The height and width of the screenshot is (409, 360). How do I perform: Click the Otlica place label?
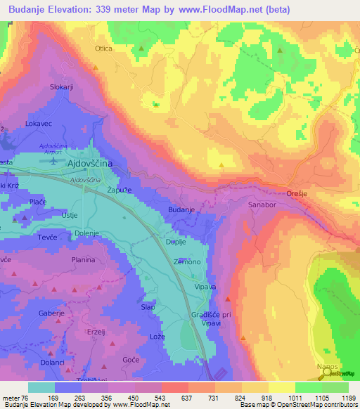(x=103, y=48)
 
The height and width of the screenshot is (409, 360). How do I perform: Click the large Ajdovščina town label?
(x=89, y=163)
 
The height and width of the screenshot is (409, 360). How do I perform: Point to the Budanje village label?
(x=181, y=210)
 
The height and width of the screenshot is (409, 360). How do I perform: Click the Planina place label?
(x=83, y=260)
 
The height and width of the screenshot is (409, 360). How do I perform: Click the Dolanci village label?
(x=32, y=362)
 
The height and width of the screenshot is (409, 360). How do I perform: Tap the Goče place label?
(x=131, y=359)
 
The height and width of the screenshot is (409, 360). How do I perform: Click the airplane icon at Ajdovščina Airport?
(x=55, y=160)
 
